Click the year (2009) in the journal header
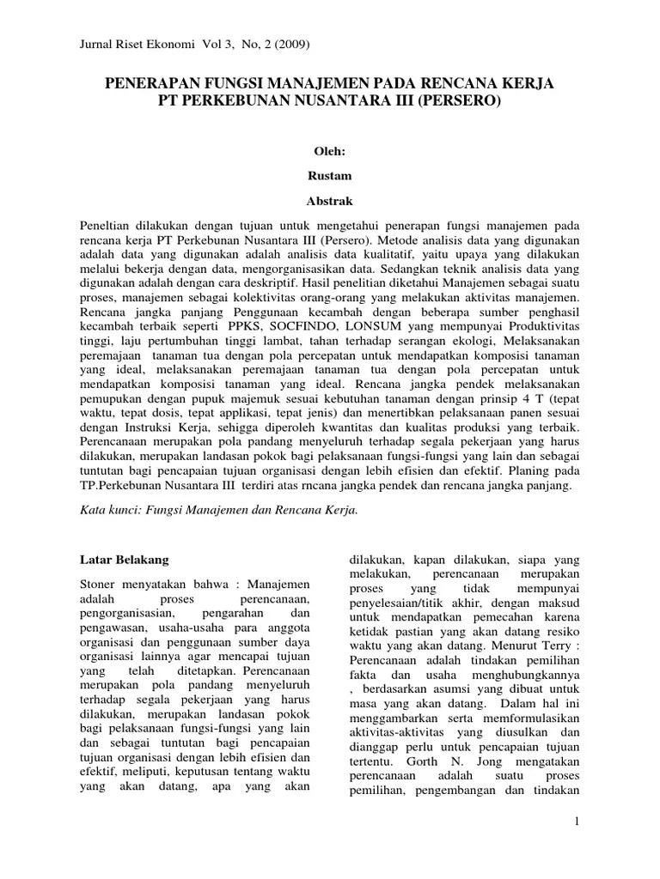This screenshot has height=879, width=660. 290,44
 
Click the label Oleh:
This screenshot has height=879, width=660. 330,151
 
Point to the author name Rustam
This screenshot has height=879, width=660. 330,175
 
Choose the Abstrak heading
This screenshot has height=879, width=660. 330,199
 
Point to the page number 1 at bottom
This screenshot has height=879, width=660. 578,822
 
